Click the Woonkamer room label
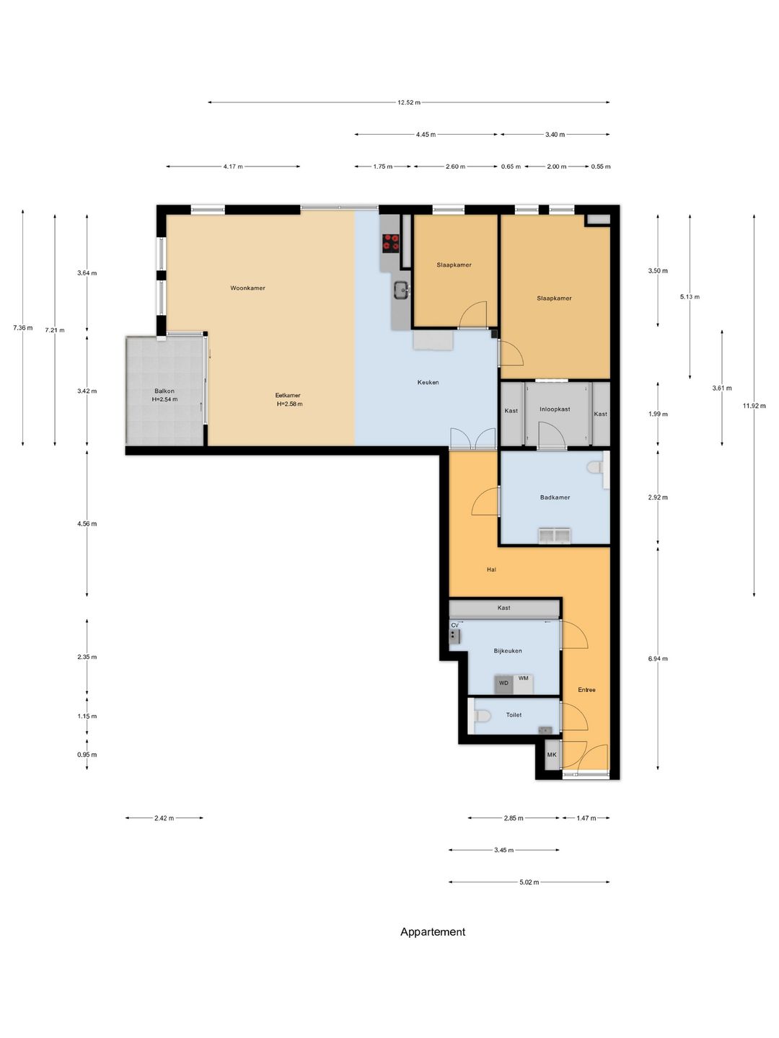pos(247,288)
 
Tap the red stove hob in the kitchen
pos(391,241)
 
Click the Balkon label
pos(164,391)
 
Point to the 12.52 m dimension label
pos(409,102)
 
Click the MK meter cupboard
pos(552,755)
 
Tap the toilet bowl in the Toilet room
pos(482,716)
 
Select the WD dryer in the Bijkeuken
pos(503,684)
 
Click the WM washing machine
pos(523,684)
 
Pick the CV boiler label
pos(454,625)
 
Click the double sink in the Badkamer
pos(555,536)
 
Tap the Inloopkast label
pos(555,409)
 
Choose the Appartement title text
pos(433,932)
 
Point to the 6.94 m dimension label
pos(658,658)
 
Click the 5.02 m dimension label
pos(529,882)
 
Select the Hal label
pos(491,570)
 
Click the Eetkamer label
pos(288,395)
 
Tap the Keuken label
pos(428,382)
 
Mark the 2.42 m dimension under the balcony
pos(164,818)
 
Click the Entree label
pos(586,690)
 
